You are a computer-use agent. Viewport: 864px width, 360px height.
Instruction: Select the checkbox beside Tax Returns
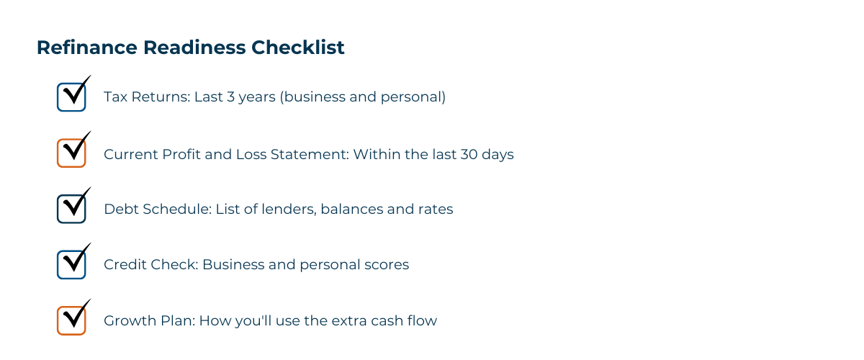click(71, 96)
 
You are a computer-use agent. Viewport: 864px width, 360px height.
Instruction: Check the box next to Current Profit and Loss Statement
click(71, 153)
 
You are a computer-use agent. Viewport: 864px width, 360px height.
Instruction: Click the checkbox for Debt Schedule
click(71, 209)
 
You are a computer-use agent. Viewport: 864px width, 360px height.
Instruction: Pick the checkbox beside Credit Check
click(71, 264)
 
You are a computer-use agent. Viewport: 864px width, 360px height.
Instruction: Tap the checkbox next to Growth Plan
click(71, 320)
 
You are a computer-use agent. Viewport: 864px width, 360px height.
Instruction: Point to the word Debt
click(120, 210)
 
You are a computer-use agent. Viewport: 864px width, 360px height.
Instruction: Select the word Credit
click(124, 265)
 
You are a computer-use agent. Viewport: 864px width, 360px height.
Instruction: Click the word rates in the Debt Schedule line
click(435, 210)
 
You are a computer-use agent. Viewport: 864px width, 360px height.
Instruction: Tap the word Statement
click(314, 154)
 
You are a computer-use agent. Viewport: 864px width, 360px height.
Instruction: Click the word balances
click(350, 210)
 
